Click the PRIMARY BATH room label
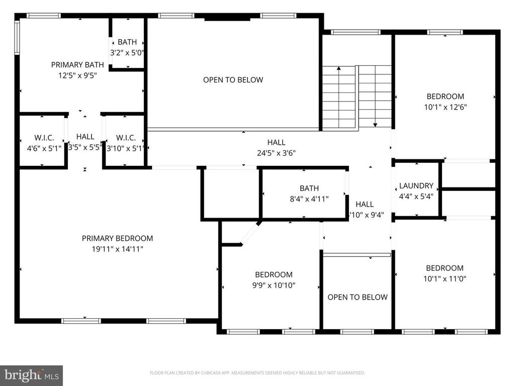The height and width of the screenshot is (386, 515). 77,64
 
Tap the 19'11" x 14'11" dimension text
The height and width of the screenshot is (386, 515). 117,249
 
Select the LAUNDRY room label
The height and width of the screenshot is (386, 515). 416,185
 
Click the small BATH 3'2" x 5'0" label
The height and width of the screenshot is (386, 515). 127,42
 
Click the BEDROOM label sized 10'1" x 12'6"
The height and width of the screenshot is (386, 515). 445,96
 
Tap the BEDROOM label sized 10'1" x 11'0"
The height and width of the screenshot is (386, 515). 445,268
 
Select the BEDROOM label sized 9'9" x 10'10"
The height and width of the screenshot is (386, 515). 274,274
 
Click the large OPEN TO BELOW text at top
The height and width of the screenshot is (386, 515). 233,79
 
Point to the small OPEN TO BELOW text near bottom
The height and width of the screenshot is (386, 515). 358,297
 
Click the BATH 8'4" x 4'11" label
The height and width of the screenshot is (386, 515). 309,188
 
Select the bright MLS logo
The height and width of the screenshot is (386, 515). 31,375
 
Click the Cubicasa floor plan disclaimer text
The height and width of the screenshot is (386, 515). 257,373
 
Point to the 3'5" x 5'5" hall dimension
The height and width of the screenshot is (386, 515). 85,148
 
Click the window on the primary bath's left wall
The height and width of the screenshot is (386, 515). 17,38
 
